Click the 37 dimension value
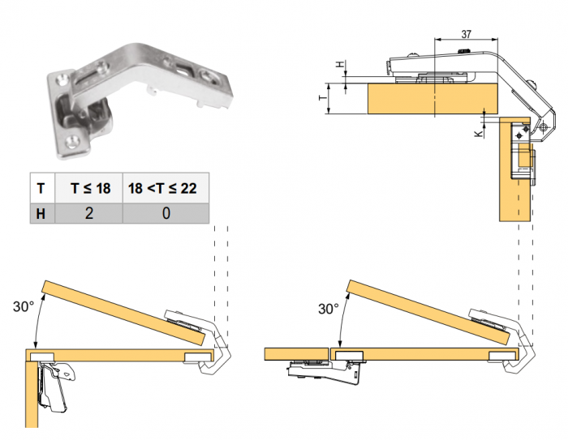467,34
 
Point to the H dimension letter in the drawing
340,64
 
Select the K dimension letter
479,133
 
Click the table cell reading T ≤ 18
88,188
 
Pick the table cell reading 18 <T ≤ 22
166,188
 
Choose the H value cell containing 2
88,213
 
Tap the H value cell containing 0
166,213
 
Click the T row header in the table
42,188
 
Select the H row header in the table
42,213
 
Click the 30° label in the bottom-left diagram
24,306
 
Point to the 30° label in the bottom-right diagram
329,309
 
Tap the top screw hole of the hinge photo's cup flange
61,79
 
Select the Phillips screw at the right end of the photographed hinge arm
209,78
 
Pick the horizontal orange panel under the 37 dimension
432,98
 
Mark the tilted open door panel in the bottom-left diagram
124,313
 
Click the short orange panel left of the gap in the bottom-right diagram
297,354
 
